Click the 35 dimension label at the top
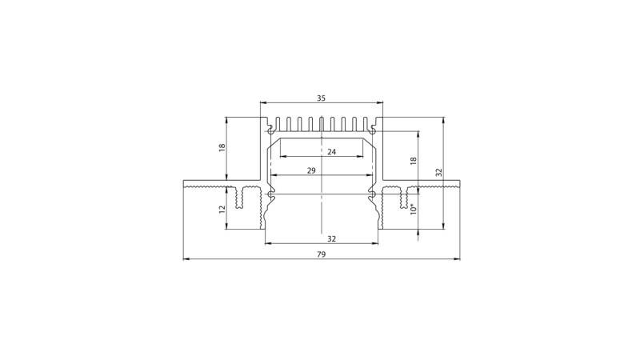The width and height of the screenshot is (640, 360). click(321, 98)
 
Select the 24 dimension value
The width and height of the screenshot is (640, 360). click(330, 151)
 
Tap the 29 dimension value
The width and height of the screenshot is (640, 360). click(311, 170)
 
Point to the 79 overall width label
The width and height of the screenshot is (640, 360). click(321, 254)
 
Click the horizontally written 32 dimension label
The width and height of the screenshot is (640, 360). click(331, 238)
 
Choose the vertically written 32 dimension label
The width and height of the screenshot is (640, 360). click(438, 173)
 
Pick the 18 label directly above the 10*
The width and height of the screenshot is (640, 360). click(413, 160)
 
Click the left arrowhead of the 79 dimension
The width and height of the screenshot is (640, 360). click(186, 259)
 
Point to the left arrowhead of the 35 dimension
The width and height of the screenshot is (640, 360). click(263, 103)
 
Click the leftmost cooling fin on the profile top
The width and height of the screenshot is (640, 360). click(276, 124)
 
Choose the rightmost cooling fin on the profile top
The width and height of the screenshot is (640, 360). click(366, 124)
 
